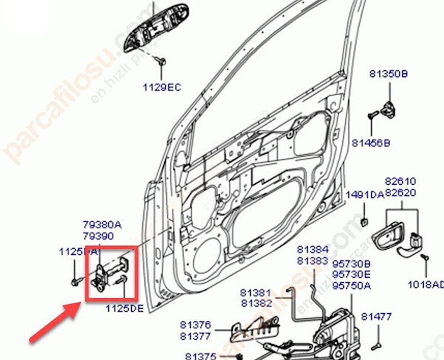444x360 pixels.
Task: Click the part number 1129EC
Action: pyautogui.click(x=161, y=87)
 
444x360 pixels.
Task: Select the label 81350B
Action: pyautogui.click(x=388, y=74)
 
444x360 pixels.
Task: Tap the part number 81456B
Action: pyautogui.click(x=371, y=143)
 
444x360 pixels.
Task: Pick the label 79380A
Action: pyautogui.click(x=102, y=225)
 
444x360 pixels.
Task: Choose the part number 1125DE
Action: pyautogui.click(x=124, y=308)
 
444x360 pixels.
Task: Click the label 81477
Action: pyautogui.click(x=376, y=317)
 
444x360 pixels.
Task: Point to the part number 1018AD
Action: pyautogui.click(x=426, y=284)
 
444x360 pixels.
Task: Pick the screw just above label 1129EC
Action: pyautogui.click(x=162, y=62)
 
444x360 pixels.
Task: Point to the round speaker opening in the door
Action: pyautogui.click(x=206, y=255)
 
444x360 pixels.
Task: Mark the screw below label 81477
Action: pyautogui.click(x=376, y=346)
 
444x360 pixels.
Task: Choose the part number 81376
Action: pyautogui.click(x=195, y=324)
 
